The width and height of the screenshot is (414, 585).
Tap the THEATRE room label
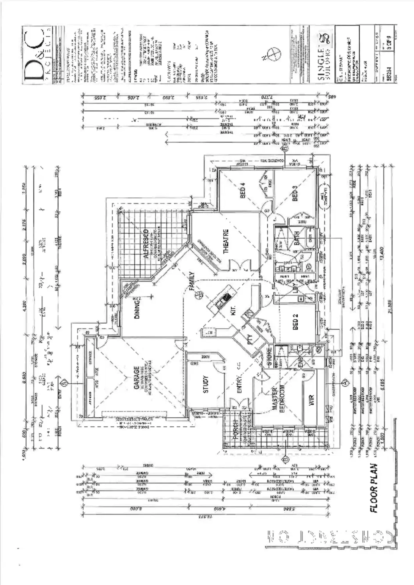226,241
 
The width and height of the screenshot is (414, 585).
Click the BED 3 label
295,193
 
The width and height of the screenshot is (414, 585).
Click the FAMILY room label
192,281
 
